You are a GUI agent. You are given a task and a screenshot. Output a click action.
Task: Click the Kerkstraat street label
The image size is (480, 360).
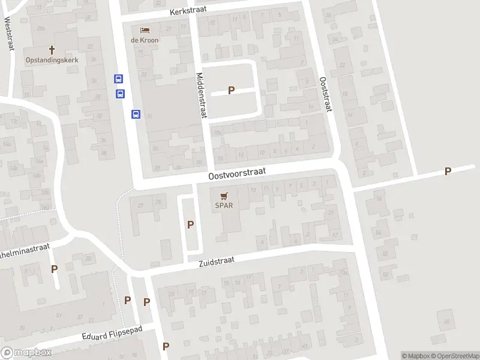pos(188,11)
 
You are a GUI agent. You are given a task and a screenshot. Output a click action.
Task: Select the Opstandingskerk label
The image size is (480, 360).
pos(52,60)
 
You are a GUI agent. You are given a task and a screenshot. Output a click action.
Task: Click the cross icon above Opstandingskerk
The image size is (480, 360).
pos(52,50)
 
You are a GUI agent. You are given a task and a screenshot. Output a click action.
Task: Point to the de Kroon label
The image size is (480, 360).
pos(144,40)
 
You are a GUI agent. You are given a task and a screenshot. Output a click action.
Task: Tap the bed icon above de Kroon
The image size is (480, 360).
pos(144,30)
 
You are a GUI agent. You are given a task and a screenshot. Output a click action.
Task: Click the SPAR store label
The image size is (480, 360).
pos(224,205)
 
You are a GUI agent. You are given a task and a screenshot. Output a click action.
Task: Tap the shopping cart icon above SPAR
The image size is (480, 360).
pos(224,195)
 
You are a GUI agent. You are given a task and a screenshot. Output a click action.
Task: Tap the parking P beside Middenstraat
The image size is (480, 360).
pos(231,91)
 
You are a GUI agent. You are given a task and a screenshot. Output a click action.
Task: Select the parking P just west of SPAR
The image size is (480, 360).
pos(191,224)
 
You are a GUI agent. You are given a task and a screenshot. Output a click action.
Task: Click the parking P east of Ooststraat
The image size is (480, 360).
pos(448,172)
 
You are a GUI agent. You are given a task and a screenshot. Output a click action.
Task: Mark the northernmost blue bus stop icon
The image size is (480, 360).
pos(118,79)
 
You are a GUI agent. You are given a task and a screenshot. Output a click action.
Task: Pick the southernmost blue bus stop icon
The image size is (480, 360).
pos(136,114)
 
